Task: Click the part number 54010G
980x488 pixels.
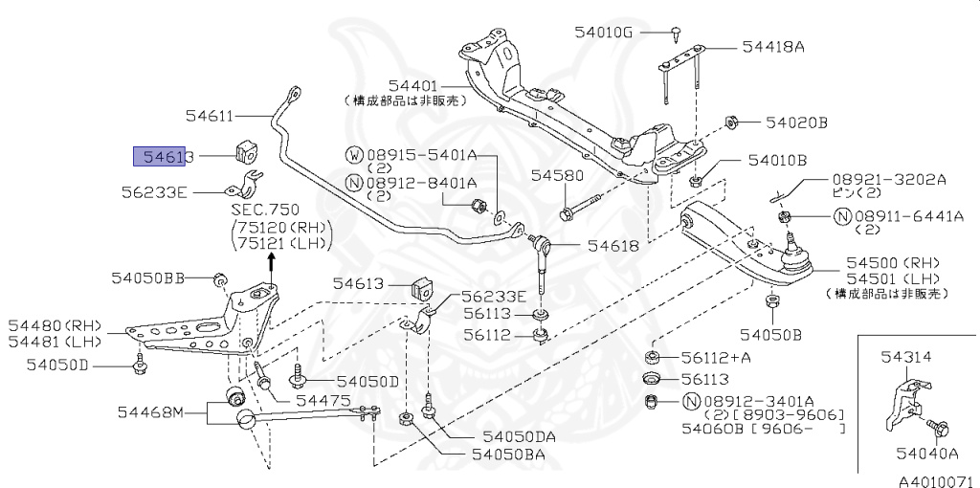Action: [x=603, y=32]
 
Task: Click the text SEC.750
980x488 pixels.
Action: [x=264, y=209]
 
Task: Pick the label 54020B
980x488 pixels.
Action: [x=794, y=122]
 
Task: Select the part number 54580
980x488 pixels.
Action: [x=557, y=177]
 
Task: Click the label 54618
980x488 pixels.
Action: [x=612, y=246]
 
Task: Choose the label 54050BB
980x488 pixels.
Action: [x=147, y=277]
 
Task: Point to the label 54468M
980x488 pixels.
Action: [x=149, y=412]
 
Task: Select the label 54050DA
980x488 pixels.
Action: [x=519, y=436]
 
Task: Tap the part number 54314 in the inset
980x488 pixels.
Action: [x=904, y=355]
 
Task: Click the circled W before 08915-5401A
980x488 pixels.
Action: [x=353, y=154]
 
